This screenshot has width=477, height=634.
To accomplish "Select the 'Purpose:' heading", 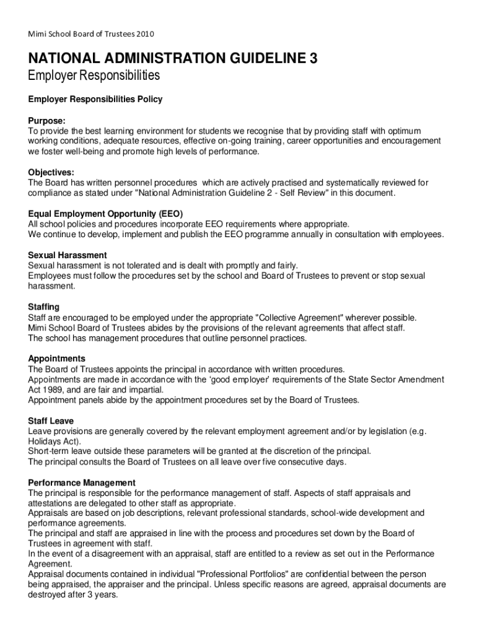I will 47,120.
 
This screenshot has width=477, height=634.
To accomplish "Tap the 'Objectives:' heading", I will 51,172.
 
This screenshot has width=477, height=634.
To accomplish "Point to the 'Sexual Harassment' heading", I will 68,255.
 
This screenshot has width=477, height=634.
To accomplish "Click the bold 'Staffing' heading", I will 44,307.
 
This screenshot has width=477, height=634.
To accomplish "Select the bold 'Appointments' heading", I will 57,358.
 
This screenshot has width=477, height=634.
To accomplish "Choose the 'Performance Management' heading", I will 82,482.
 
